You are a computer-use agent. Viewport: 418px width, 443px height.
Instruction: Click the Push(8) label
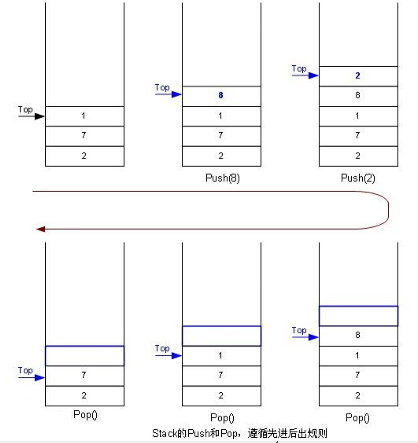(222, 178)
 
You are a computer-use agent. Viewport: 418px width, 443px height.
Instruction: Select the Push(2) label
(358, 178)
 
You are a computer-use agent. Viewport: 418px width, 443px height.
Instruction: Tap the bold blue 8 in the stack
(221, 95)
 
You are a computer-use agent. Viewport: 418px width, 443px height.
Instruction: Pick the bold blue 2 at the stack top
(357, 76)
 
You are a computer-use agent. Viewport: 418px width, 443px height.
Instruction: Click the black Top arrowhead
(40, 116)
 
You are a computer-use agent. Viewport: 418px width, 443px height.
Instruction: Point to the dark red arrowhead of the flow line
(40, 229)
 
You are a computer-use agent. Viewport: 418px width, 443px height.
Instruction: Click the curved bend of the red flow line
(388, 210)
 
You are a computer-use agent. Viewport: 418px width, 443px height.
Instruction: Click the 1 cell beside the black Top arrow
(85, 116)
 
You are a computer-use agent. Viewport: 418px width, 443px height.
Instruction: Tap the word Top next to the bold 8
(162, 88)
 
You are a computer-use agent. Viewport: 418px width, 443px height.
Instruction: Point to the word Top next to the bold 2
(299, 69)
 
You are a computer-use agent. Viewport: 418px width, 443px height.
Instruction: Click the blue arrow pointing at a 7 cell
(31, 377)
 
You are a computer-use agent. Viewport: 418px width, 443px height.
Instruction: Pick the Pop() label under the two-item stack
(85, 415)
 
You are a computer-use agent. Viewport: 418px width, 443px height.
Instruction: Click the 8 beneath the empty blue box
(357, 335)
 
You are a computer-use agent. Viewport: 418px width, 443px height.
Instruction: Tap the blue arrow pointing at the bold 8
(168, 94)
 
